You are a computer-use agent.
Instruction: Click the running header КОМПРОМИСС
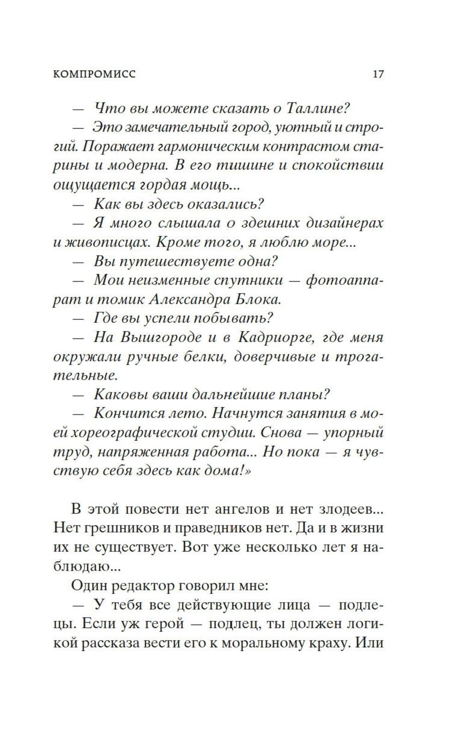click(x=94, y=74)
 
